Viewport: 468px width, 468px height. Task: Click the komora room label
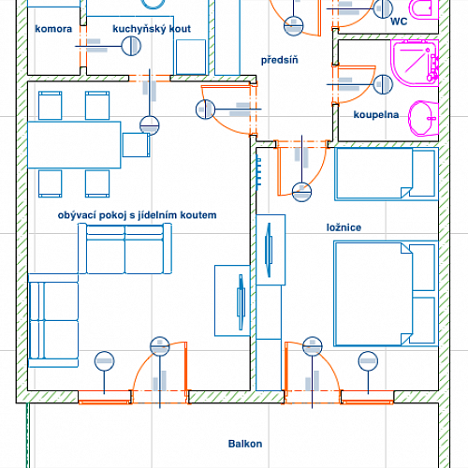tap(53, 29)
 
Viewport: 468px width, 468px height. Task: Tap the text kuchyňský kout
tap(152, 29)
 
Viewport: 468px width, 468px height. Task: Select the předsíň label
tap(280, 60)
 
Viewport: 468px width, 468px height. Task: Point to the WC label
tap(399, 22)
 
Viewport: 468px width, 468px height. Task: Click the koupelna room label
tap(376, 115)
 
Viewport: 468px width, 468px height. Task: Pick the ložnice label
tap(344, 227)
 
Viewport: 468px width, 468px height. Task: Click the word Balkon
tap(245, 444)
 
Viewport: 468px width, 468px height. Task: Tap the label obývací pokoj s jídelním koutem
tap(137, 215)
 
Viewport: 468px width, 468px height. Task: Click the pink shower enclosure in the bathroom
tap(415, 63)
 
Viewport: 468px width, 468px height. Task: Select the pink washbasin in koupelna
tap(423, 118)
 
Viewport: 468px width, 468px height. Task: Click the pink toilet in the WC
tap(424, 9)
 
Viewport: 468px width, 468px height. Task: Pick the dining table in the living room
tap(74, 145)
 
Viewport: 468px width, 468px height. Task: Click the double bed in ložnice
tap(386, 294)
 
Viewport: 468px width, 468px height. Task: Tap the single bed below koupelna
tap(387, 174)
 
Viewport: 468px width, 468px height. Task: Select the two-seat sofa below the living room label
tap(124, 249)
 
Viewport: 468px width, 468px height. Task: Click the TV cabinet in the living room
tap(232, 300)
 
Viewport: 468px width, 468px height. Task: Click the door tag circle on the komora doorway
tap(131, 46)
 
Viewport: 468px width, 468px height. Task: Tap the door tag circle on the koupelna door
tap(383, 84)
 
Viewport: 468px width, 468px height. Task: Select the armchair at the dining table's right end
tap(136, 145)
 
